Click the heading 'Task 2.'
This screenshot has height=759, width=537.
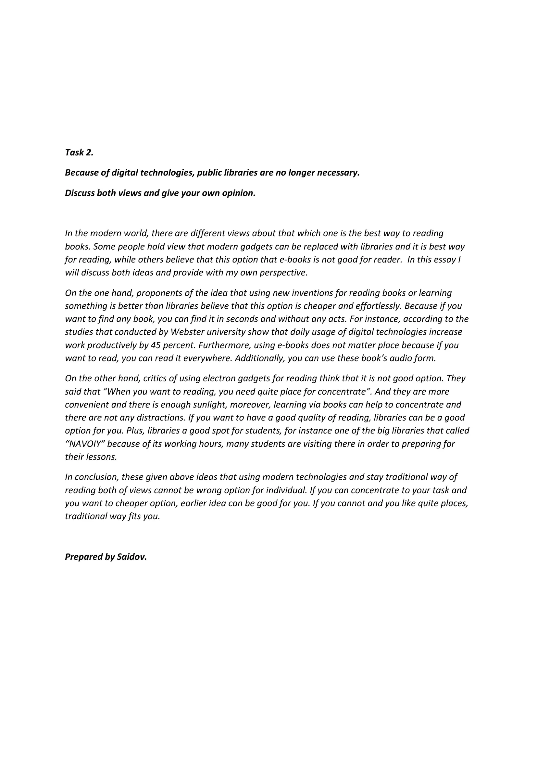pyautogui.click(x=79, y=153)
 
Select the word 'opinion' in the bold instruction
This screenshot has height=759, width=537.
pyautogui.click(x=238, y=193)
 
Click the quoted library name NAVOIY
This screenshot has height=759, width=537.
pyautogui.click(x=85, y=444)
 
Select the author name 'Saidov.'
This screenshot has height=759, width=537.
pyautogui.click(x=131, y=557)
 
